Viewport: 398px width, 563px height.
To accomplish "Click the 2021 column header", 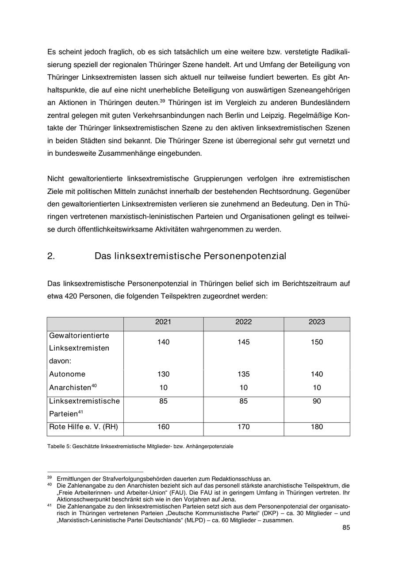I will coord(163,322).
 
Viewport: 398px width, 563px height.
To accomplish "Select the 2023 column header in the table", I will coord(317,322).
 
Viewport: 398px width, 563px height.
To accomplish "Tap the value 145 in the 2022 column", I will coord(243,342).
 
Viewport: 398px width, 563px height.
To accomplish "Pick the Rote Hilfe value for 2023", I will coord(317,427).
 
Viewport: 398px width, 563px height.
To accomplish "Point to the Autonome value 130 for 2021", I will coord(163,374).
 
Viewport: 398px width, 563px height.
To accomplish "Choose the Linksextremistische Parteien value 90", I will coord(317,401).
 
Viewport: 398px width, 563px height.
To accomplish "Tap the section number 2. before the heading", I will coord(51,256).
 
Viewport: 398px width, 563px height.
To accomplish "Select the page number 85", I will coord(346,528).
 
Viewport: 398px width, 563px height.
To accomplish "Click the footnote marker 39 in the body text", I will coord(162,100).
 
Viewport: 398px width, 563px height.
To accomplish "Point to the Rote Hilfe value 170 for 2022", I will coord(243,427).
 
